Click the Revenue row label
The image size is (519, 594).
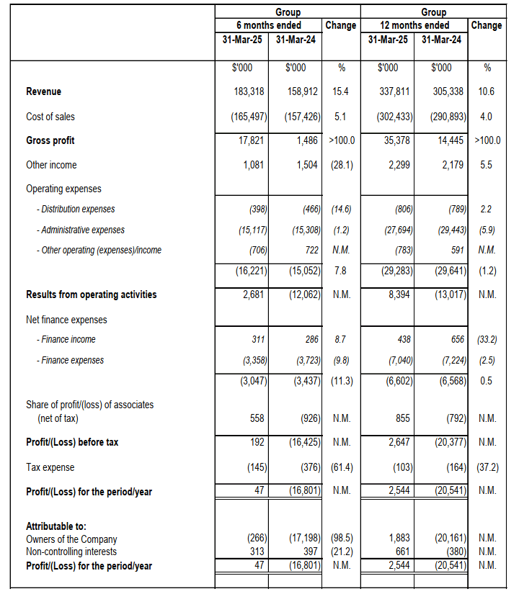point(44,91)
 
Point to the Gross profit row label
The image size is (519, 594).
point(50,140)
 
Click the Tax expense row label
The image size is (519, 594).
point(50,467)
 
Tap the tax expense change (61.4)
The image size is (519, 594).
point(341,467)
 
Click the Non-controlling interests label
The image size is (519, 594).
point(71,552)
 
